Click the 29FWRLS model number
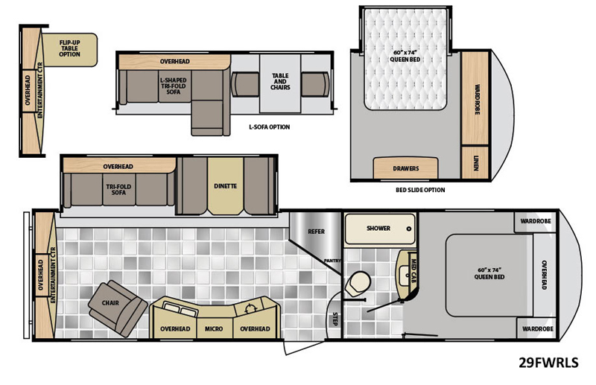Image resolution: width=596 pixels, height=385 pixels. pyautogui.click(x=548, y=363)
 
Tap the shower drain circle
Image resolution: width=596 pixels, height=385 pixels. pyautogui.click(x=409, y=229)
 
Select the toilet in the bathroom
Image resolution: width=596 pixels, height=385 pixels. pyautogui.click(x=358, y=283)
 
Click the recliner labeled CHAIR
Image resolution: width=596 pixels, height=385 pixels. pyautogui.click(x=118, y=308)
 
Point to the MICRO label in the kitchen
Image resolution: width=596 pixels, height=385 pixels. pyautogui.click(x=214, y=328)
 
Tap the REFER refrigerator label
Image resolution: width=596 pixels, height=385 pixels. pyautogui.click(x=316, y=232)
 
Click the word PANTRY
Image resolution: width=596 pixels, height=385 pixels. pyautogui.click(x=332, y=261)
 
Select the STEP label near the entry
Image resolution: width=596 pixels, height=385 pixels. pyautogui.click(x=335, y=319)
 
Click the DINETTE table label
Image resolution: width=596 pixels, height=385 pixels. pyautogui.click(x=226, y=186)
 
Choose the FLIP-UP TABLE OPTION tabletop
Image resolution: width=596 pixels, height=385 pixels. pyautogui.click(x=69, y=50)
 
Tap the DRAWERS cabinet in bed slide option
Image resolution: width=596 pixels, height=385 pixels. pyautogui.click(x=405, y=168)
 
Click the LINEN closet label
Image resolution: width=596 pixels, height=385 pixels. pyautogui.click(x=476, y=162)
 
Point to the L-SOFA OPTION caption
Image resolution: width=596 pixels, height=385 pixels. pyautogui.click(x=270, y=127)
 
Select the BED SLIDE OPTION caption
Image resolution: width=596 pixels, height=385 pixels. pyautogui.click(x=420, y=190)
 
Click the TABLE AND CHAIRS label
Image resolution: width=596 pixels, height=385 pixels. pyautogui.click(x=280, y=81)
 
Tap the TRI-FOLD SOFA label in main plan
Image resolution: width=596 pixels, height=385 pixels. pyautogui.click(x=118, y=190)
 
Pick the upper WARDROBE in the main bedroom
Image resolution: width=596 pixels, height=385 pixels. pyautogui.click(x=536, y=222)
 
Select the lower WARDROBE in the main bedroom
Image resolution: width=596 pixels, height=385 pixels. pyautogui.click(x=537, y=328)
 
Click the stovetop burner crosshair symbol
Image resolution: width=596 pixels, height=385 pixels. pyautogui.click(x=250, y=308)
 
